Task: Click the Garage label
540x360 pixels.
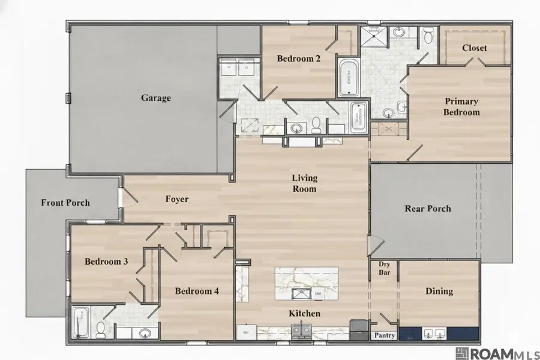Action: [x=156, y=98]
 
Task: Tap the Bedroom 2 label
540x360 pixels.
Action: [x=298, y=59]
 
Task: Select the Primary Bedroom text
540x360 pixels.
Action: [x=461, y=107]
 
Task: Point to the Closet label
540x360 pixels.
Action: [x=475, y=48]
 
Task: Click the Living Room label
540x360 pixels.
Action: [x=304, y=183]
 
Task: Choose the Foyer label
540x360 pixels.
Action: [x=177, y=199]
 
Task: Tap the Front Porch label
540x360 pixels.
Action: [x=65, y=202]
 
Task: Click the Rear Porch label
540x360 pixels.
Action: [x=428, y=209]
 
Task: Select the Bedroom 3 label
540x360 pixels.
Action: [x=106, y=262]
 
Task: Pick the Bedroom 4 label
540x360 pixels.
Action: [x=197, y=291]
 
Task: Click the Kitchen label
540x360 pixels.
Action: [x=305, y=313]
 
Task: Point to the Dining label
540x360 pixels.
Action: [x=439, y=291]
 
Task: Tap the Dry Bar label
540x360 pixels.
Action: [x=384, y=268]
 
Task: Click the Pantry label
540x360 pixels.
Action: [x=384, y=335]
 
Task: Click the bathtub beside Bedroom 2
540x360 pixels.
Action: [x=348, y=78]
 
